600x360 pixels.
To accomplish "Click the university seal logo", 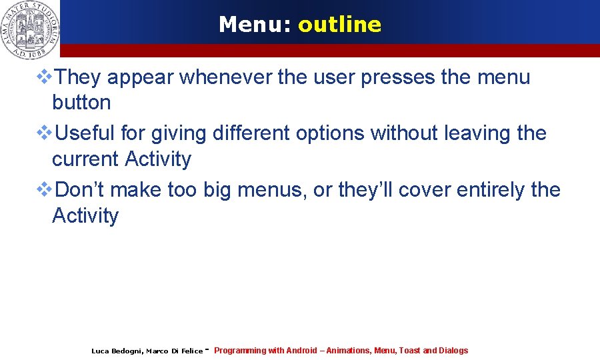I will (x=29, y=28).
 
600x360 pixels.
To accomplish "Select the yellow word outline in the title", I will (x=340, y=25).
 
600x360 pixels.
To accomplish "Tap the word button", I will (x=81, y=103).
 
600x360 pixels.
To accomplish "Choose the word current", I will (x=84, y=159).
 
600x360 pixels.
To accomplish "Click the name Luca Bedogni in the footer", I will (x=116, y=351).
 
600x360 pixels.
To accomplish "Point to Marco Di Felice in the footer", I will (x=174, y=351).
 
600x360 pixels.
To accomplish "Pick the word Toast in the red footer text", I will (x=409, y=351).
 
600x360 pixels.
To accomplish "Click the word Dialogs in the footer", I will (x=453, y=351).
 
